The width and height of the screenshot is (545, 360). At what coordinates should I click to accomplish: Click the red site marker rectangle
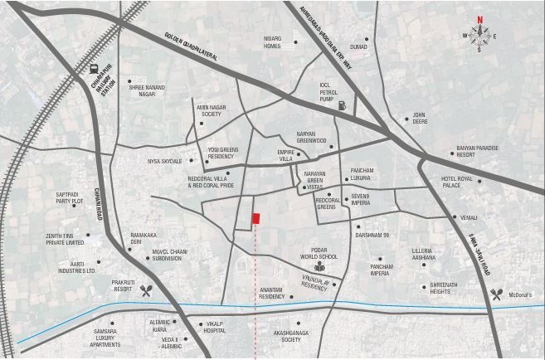(x=257, y=218)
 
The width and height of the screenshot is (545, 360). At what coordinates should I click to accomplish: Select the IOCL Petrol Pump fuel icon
(x=343, y=105)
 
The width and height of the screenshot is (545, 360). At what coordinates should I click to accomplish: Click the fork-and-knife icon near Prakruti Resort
(x=148, y=291)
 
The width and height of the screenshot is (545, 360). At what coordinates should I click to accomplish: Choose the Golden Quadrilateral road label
(x=190, y=46)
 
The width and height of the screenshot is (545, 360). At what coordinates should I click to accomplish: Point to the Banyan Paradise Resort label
(x=477, y=151)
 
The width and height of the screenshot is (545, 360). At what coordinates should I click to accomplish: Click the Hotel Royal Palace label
(x=459, y=182)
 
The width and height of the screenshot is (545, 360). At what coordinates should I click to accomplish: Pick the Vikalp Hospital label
(x=216, y=326)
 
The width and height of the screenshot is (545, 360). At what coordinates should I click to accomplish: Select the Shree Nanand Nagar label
(x=147, y=89)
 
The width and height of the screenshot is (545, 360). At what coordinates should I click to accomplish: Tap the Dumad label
(x=359, y=48)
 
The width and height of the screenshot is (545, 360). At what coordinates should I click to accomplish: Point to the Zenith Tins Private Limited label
(x=66, y=239)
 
